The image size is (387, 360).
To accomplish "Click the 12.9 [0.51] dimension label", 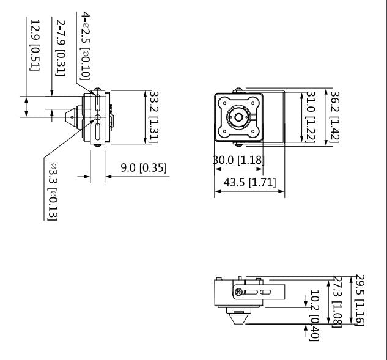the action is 35,45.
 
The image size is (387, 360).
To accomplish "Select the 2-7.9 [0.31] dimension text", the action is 61,48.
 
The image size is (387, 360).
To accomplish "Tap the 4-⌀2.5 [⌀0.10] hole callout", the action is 86,46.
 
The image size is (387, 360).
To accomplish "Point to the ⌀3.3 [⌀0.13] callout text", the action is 53,191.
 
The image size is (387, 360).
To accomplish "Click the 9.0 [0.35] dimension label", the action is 144,168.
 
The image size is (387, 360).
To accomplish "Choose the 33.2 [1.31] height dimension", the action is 154,117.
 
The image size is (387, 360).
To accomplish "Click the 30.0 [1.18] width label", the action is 238,160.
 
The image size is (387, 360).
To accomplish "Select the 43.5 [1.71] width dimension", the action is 250,183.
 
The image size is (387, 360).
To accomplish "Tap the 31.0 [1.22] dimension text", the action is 311,117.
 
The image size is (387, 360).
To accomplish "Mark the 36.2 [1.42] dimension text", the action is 335,117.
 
